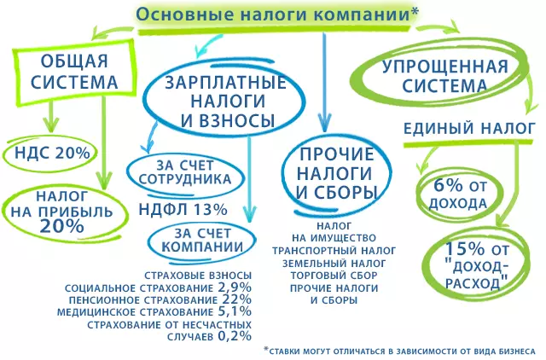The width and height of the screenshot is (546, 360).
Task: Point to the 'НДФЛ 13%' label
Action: [x=183, y=210]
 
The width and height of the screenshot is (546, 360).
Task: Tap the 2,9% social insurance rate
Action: [x=235, y=287]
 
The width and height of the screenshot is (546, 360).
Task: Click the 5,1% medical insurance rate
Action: [x=235, y=311]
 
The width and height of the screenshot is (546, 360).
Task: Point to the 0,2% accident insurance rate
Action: [x=235, y=336]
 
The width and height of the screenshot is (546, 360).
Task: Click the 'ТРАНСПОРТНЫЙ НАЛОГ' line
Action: [x=334, y=251]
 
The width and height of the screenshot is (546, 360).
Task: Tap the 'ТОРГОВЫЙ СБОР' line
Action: [x=334, y=276]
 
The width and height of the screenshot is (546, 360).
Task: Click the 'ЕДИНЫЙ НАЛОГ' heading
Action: [x=469, y=129]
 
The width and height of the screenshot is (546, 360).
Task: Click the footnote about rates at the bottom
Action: [x=400, y=351]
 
